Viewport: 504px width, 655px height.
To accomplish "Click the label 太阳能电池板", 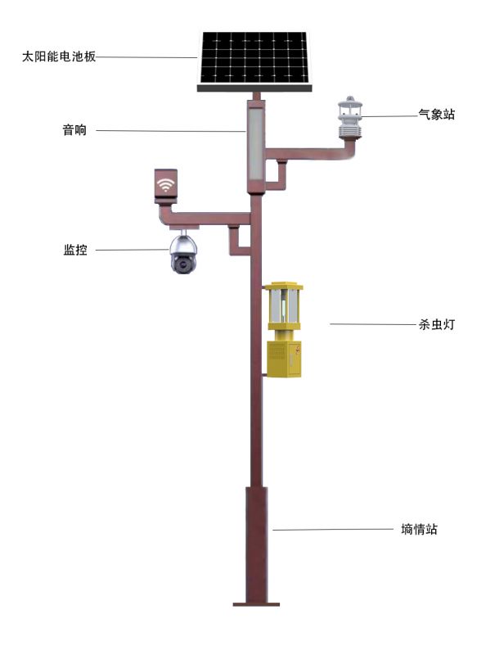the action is (59, 56).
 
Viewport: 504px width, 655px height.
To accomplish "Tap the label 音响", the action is (74, 130).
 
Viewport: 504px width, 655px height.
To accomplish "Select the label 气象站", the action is (437, 115).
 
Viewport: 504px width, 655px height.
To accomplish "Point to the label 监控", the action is (75, 250).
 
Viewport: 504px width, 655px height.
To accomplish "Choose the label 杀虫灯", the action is (437, 324).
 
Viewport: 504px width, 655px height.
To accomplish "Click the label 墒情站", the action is (419, 529).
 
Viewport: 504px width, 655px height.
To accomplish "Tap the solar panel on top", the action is (254, 61).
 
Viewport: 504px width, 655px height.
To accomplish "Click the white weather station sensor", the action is (350, 118).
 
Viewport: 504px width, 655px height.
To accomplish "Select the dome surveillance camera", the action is (183, 254).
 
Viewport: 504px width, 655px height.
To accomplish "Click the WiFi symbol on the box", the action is (166, 184).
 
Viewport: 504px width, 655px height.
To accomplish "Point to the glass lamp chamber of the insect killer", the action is (284, 306).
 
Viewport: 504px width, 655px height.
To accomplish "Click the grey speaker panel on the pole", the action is (255, 144).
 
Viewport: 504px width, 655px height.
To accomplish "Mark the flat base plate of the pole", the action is (256, 604).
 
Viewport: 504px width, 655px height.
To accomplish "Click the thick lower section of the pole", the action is (256, 544).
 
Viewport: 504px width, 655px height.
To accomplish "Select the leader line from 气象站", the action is (390, 116).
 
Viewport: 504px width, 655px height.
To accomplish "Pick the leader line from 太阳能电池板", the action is (146, 57).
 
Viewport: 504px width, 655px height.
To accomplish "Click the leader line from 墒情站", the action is (333, 529).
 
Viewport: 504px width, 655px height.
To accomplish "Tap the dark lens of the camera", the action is (182, 264).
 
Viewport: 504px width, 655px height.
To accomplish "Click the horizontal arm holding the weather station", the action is (310, 153).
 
